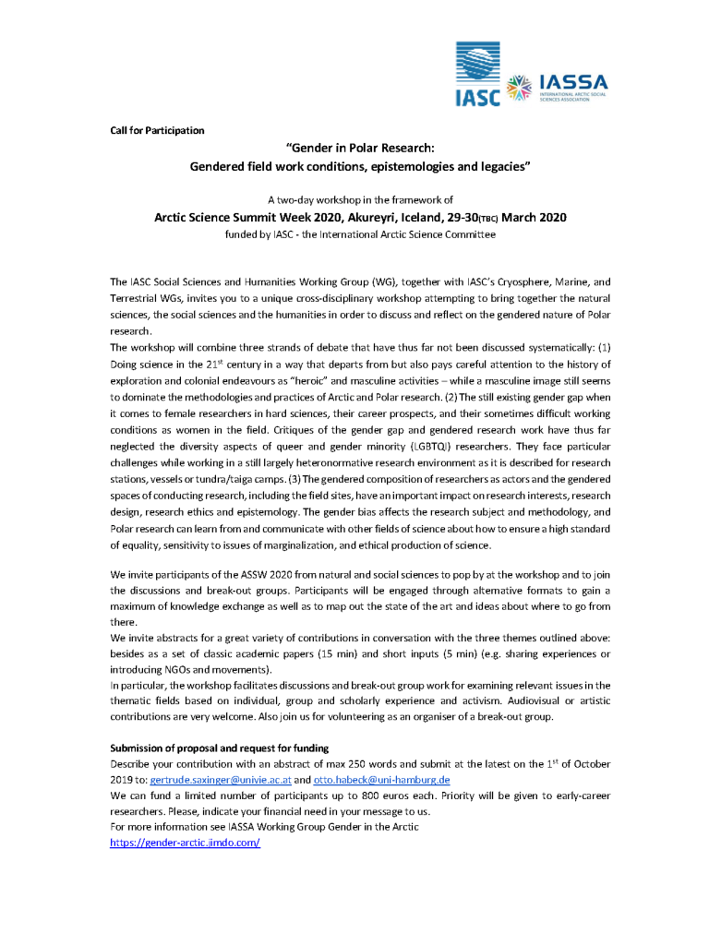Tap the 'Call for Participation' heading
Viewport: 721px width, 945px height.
(157, 130)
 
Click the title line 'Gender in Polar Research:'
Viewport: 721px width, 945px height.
(359, 150)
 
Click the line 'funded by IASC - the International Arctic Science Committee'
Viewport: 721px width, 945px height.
(360, 235)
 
